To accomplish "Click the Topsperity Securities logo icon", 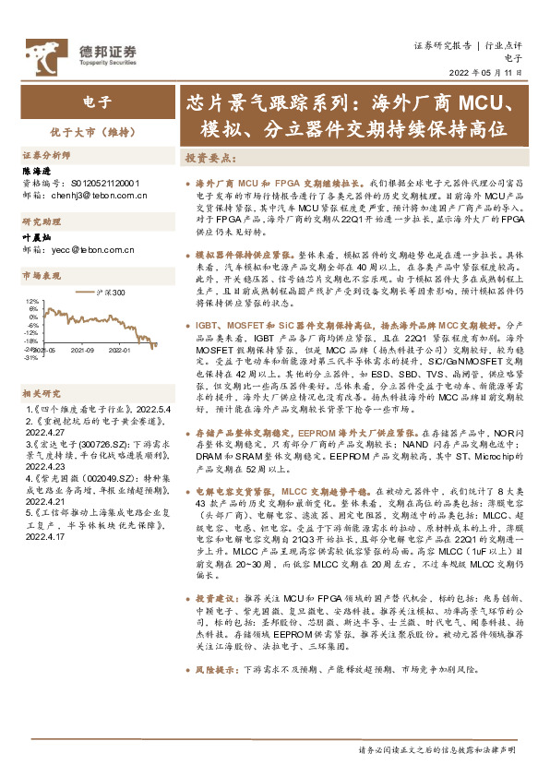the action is (x=43, y=53).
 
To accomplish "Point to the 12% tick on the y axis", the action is (x=32, y=301).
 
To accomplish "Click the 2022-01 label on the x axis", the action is (x=119, y=350).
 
